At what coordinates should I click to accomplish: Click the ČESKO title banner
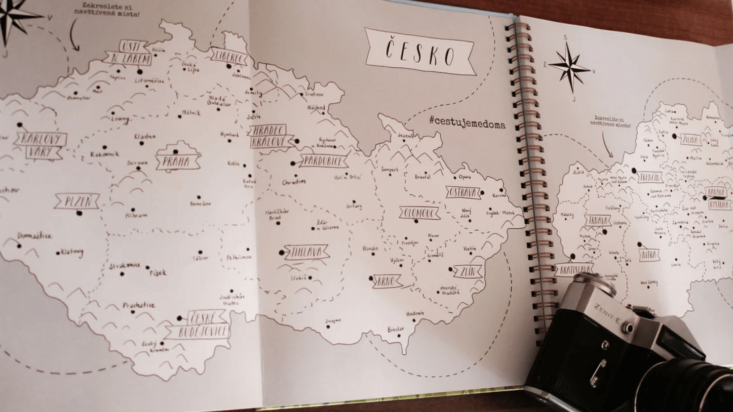click(420, 51)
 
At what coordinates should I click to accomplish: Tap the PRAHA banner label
click(178, 162)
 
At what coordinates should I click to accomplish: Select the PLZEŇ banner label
click(77, 201)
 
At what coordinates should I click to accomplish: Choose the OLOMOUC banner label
click(419, 213)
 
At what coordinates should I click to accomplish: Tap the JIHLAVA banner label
click(306, 252)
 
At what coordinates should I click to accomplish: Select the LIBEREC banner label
click(229, 56)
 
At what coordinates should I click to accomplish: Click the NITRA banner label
click(649, 255)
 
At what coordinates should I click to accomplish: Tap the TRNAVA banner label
click(598, 221)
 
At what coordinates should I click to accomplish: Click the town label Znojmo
click(333, 321)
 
